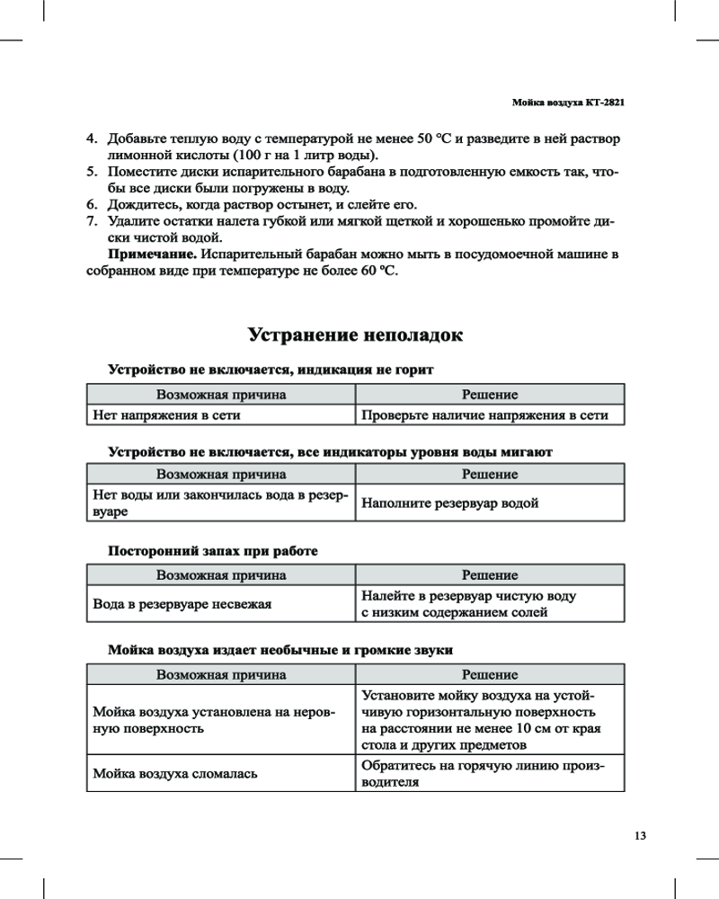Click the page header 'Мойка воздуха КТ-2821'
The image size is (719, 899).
567,103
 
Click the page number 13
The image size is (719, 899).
640,835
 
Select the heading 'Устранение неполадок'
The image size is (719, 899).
356,336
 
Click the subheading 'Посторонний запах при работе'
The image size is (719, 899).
213,550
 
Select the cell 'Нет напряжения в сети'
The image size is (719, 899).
167,415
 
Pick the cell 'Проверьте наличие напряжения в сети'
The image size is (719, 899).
485,415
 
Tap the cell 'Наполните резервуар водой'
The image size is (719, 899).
450,503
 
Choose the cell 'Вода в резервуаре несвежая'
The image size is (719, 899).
182,604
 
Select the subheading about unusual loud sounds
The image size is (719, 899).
280,649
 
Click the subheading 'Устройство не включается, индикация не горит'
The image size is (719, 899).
271,369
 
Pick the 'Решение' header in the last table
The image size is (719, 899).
490,674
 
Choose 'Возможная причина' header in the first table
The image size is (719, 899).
221,394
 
